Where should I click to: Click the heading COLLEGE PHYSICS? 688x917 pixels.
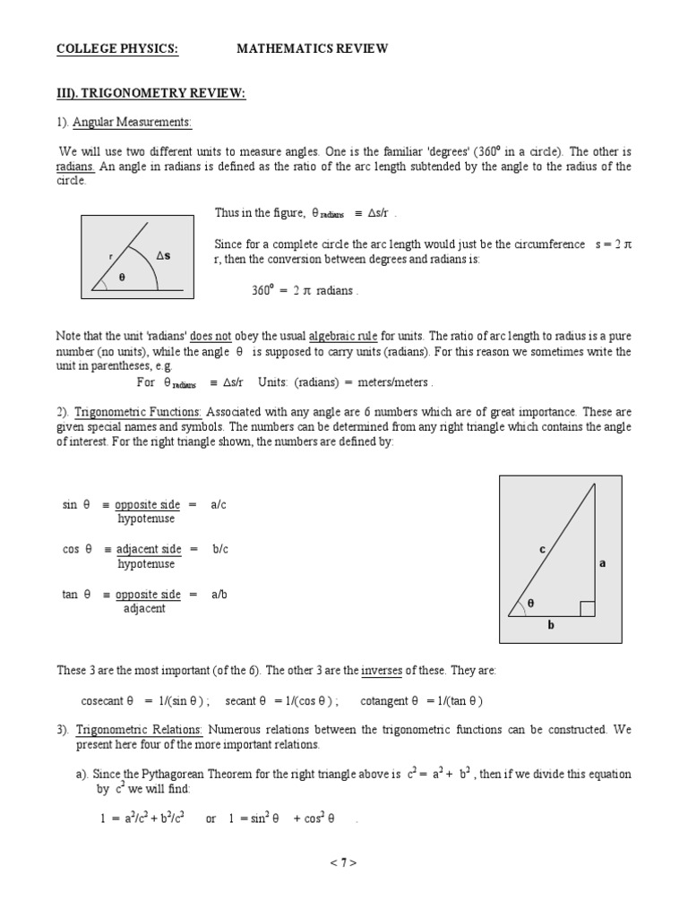117,49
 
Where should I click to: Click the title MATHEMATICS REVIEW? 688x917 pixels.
312,49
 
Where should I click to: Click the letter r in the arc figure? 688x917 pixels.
111,256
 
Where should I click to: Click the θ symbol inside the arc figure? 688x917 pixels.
122,279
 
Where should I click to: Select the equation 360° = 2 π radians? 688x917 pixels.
305,291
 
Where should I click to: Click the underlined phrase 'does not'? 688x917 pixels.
211,336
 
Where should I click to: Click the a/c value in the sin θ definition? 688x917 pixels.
219,505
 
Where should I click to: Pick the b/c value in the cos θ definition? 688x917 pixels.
220,550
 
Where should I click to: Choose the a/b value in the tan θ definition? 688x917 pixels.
219,595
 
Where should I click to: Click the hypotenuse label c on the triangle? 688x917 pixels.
542,550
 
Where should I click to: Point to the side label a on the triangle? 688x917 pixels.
603,563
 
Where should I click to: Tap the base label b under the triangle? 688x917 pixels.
552,625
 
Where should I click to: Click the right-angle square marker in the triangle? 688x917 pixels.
588,609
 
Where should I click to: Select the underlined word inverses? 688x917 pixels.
381,671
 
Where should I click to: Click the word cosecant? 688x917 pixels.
103,701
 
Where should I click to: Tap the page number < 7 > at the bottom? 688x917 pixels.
344,863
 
